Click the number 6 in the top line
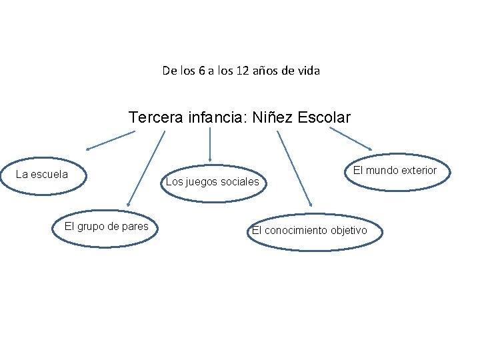click(x=202, y=70)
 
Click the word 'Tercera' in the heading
click(x=153, y=118)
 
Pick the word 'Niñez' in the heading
click(x=273, y=118)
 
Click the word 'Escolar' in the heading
click(x=325, y=118)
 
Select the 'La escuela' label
click(x=42, y=175)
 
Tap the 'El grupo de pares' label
click(x=107, y=227)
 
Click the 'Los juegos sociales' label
click(x=213, y=181)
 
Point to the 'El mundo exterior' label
click(x=395, y=170)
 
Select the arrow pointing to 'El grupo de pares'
click(x=146, y=167)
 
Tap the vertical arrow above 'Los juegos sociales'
click(x=210, y=145)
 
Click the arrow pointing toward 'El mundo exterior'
click(x=351, y=139)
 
